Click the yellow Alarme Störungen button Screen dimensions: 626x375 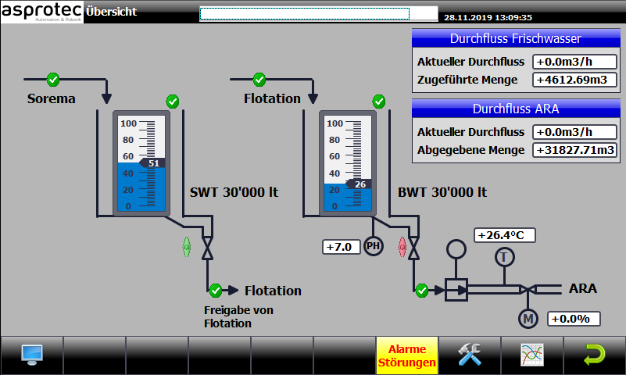click(x=407, y=355)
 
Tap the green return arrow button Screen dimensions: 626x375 click(x=595, y=354)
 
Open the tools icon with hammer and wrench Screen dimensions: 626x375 click(x=470, y=354)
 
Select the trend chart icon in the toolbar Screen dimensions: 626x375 click(x=532, y=355)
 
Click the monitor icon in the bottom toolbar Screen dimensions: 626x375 click(x=32, y=355)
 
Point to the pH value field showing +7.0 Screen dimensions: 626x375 click(x=342, y=247)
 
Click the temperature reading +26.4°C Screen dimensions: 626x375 click(x=505, y=235)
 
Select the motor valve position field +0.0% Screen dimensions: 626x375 click(x=574, y=319)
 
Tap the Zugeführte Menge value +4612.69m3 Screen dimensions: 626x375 click(x=574, y=80)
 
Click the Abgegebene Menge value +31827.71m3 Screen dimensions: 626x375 click(x=574, y=150)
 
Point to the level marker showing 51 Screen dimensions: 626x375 click(x=152, y=163)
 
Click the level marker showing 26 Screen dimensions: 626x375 click(x=358, y=184)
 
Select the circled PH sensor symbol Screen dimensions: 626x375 click(x=374, y=246)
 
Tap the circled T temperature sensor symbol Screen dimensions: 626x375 click(x=504, y=257)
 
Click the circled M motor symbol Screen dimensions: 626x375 click(x=528, y=319)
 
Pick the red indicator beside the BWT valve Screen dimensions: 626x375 click(x=402, y=248)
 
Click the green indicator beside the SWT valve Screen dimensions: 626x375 click(x=187, y=248)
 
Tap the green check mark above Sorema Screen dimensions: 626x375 click(x=53, y=80)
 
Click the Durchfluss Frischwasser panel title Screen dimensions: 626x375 click(x=516, y=38)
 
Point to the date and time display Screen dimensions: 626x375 click(x=488, y=17)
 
